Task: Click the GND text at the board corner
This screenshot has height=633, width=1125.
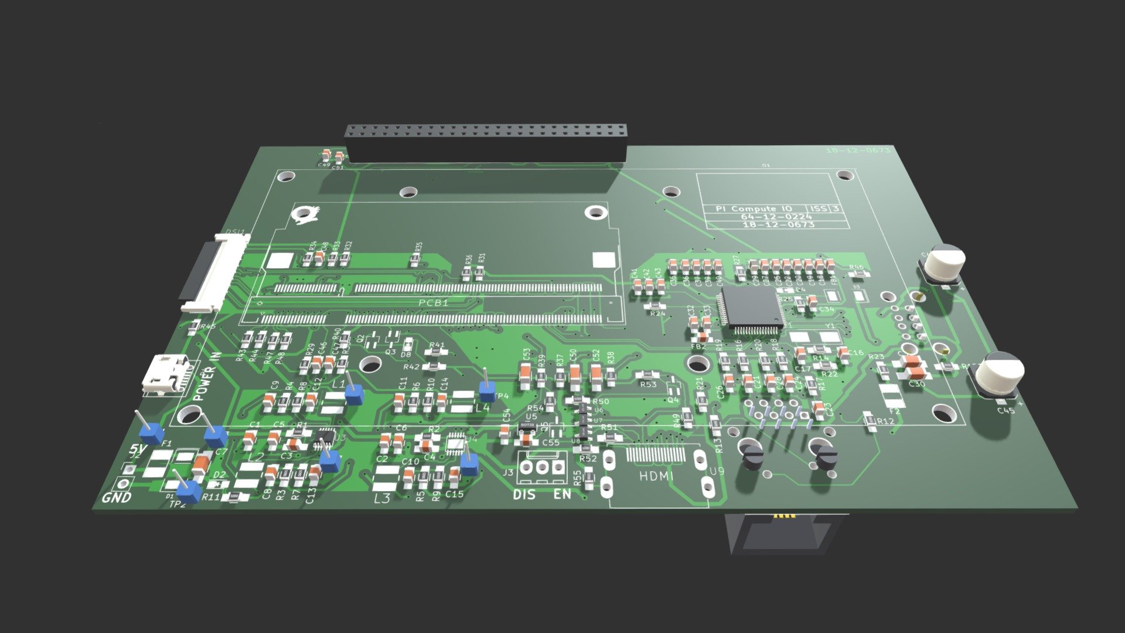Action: [117, 498]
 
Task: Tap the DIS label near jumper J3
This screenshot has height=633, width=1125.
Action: [524, 495]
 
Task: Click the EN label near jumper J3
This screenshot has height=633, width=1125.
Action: [562, 495]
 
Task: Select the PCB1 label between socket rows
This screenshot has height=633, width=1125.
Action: [434, 302]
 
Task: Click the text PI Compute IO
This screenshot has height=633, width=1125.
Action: [754, 209]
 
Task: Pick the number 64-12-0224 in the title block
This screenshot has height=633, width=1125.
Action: [776, 217]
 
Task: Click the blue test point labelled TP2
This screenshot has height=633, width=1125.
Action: [189, 491]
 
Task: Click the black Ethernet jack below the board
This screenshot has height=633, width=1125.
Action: [779, 533]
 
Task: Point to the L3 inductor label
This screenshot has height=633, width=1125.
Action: [382, 498]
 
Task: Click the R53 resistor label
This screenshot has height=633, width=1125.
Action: [648, 384]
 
